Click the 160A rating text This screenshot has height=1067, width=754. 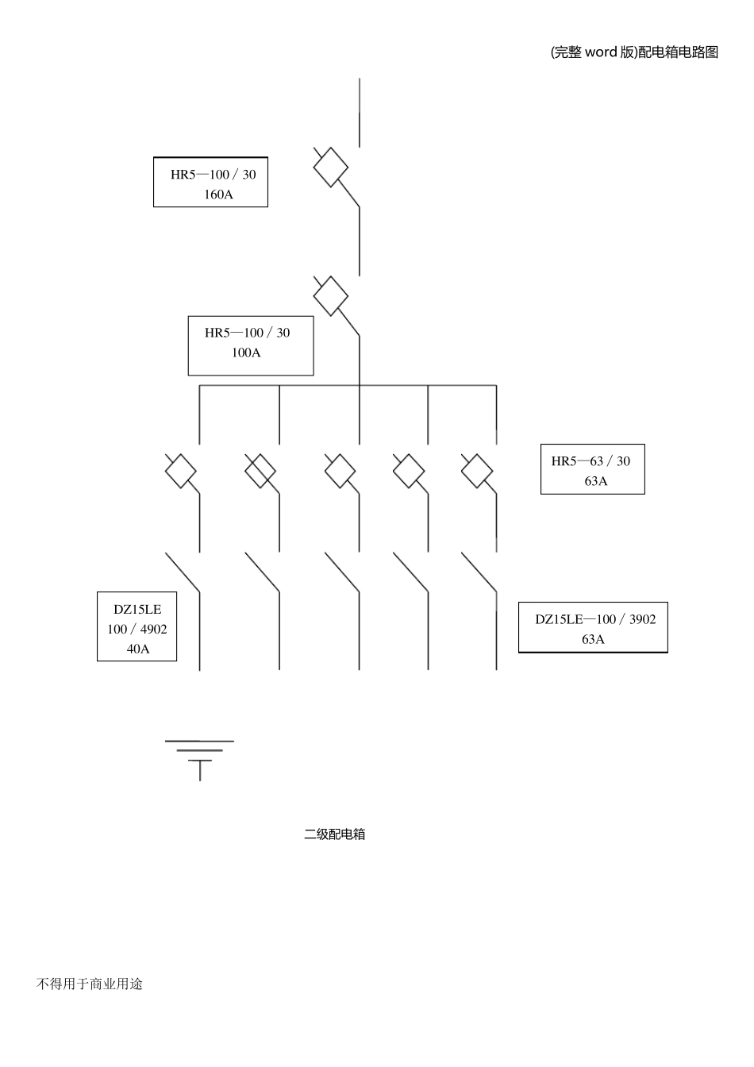pyautogui.click(x=218, y=195)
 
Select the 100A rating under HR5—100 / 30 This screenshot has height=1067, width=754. pyautogui.click(x=246, y=352)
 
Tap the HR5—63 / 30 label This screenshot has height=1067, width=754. pyautogui.click(x=591, y=461)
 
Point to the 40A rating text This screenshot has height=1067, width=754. pyautogui.click(x=137, y=649)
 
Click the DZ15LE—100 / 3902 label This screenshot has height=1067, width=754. pyautogui.click(x=595, y=619)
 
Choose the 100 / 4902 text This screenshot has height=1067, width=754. pyautogui.click(x=137, y=630)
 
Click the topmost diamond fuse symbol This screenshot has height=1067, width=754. pyautogui.click(x=330, y=168)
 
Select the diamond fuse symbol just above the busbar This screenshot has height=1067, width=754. pyautogui.click(x=330, y=296)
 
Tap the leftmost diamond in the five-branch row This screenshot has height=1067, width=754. pyautogui.click(x=180, y=471)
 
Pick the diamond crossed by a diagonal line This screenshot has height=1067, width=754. pyautogui.click(x=260, y=471)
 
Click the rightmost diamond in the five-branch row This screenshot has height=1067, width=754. pyautogui.click(x=477, y=471)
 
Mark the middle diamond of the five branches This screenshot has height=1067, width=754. pyautogui.click(x=340, y=471)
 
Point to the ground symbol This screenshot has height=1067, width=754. pyautogui.click(x=199, y=761)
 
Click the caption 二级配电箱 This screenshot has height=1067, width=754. pyautogui.click(x=334, y=847)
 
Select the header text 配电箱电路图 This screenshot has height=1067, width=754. pyautogui.click(x=679, y=52)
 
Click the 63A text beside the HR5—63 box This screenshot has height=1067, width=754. pyautogui.click(x=596, y=481)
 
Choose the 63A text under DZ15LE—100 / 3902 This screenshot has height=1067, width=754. pyautogui.click(x=593, y=639)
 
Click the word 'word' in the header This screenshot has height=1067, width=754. pyautogui.click(x=601, y=52)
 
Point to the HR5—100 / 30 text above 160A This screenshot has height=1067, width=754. pyautogui.click(x=214, y=175)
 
